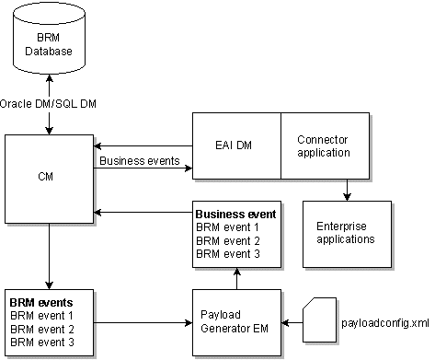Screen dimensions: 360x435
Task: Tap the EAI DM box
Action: [x=235, y=145]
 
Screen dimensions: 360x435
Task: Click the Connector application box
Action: [x=324, y=145]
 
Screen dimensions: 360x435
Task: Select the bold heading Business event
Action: [x=234, y=214]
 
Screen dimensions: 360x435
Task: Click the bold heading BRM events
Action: [x=41, y=302]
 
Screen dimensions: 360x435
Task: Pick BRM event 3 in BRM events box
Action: [x=40, y=342]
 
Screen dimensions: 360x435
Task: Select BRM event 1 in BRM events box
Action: [x=40, y=315]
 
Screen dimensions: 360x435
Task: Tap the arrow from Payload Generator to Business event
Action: [x=236, y=277]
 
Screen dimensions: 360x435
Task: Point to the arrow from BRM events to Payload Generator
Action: [x=143, y=322]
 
